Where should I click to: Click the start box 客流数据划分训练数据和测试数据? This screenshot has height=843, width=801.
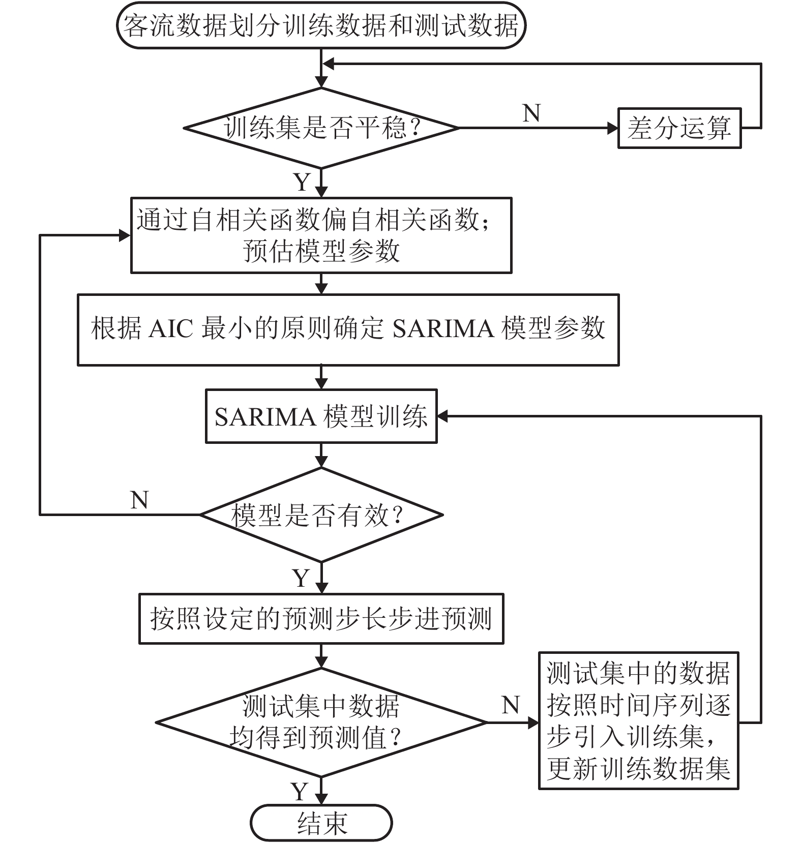321,25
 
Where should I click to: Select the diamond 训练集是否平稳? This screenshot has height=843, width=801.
321,128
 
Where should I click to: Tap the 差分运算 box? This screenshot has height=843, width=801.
679,128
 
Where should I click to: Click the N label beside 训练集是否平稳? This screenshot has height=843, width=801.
531,113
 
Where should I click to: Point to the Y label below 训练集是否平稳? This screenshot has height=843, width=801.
302,182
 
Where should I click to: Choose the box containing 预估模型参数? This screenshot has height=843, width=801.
321,235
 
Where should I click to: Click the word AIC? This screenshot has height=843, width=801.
171,329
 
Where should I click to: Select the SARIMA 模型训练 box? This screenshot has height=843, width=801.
321,416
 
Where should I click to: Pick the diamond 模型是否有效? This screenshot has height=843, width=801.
321,515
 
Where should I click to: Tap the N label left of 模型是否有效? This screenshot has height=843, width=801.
139,500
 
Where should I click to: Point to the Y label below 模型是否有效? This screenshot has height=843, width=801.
301,579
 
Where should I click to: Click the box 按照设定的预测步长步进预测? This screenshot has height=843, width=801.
321,619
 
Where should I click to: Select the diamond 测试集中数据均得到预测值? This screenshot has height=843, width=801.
321,722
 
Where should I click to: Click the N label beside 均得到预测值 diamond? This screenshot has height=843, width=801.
510,705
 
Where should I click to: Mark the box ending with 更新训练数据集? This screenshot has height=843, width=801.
638,721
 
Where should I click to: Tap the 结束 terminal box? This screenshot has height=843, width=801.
321,823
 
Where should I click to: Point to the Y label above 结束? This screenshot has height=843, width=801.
300,792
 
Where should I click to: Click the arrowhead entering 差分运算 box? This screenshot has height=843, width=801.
612,128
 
